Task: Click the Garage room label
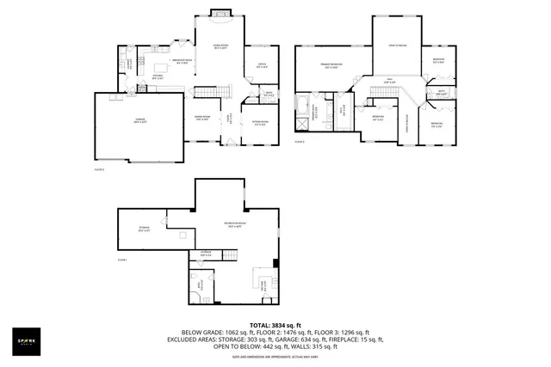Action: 139,121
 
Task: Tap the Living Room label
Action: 220,47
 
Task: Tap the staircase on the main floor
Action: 211,92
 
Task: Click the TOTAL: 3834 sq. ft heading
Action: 275,324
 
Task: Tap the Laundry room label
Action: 129,64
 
